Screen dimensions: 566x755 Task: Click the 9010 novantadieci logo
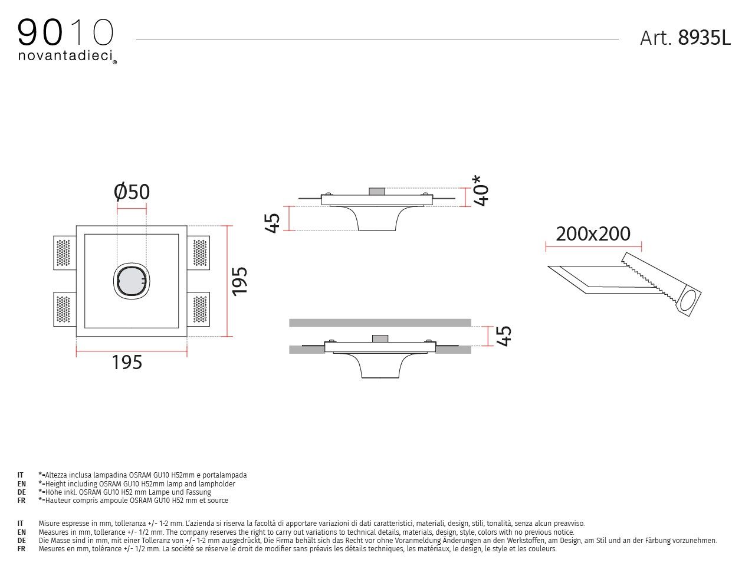tap(66, 40)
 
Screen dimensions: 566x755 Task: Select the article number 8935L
tap(704, 38)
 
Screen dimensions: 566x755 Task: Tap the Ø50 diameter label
tap(132, 192)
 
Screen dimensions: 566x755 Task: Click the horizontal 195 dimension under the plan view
tap(127, 362)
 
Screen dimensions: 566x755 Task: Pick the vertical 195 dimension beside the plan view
tap(239, 281)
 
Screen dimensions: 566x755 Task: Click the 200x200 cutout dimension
tap(593, 233)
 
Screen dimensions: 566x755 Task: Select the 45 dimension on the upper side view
tap(273, 222)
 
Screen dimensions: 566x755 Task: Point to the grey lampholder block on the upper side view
tap(376, 192)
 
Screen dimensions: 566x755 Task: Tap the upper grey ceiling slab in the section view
tap(380, 323)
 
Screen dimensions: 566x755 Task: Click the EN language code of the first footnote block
tap(21, 483)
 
